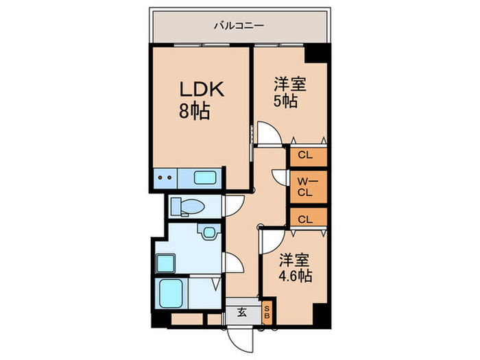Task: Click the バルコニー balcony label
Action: point(239,27)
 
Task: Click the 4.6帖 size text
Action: point(296,276)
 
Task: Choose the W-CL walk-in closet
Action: point(306,187)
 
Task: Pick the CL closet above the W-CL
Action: point(306,156)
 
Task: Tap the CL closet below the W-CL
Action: point(306,219)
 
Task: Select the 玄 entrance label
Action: point(242,312)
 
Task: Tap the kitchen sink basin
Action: point(205,178)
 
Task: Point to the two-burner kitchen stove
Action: point(165,178)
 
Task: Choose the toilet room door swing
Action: point(233,204)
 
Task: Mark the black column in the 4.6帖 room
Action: point(319,315)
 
